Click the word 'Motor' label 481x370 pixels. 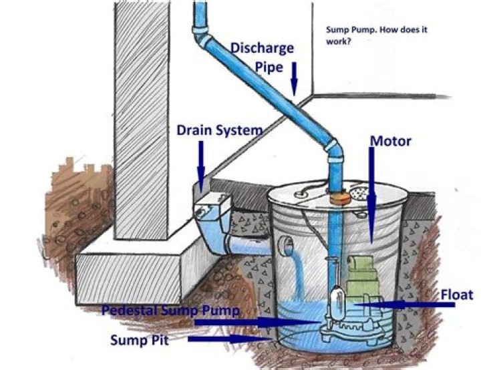click(390, 142)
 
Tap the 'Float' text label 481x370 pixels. click(457, 295)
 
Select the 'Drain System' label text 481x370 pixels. click(219, 130)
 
